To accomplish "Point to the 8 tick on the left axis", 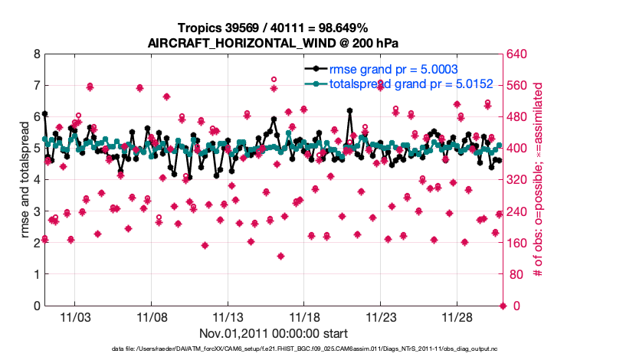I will click(37, 54).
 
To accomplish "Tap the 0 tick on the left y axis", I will click(37, 306).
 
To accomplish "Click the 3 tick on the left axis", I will click(37, 211).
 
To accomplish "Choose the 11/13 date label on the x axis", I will click(228, 317).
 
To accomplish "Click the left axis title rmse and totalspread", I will click(25, 181).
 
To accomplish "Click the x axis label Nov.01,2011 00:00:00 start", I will click(273, 333).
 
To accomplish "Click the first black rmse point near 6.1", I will click(44, 113).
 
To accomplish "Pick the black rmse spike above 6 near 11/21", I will click(349, 110).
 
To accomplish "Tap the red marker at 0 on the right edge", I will click(503, 306).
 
